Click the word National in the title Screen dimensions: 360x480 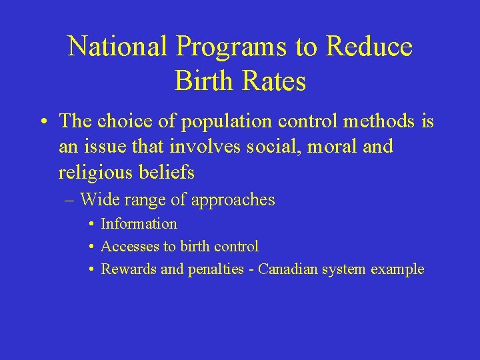click(117, 47)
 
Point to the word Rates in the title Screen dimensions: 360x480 click(274, 81)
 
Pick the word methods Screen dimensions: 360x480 click(379, 121)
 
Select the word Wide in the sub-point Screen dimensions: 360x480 click(98, 199)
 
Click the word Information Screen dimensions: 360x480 click(139, 224)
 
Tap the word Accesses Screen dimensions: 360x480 click(130, 247)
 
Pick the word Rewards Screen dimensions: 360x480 click(127, 269)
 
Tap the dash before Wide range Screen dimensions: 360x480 click(71, 200)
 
